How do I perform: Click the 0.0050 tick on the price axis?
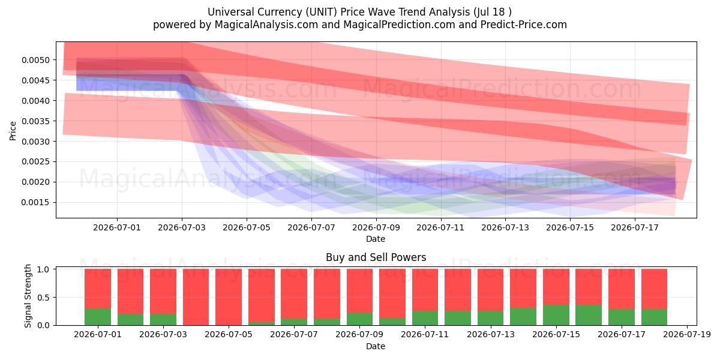tap(35, 60)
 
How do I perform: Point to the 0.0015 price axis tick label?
tap(35, 203)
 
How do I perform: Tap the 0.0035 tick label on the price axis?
tap(35, 121)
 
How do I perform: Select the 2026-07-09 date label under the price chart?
tap(376, 227)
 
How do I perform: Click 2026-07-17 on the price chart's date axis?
tap(635, 227)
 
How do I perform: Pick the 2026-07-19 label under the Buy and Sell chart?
tap(687, 335)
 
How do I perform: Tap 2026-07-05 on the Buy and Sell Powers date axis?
tap(229, 335)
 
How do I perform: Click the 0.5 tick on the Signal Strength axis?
tap(43, 298)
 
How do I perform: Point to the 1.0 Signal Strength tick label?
tap(43, 269)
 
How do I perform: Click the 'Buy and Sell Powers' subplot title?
tap(376, 257)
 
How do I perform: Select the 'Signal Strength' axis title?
tap(28, 296)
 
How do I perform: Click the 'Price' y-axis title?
tap(13, 131)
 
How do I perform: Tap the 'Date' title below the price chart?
tap(376, 239)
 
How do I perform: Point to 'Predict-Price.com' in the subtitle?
tap(524, 25)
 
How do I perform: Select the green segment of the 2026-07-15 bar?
tap(556, 315)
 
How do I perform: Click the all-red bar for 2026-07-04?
tap(196, 298)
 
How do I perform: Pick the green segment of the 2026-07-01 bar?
tap(98, 317)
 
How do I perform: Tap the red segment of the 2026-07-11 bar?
tap(425, 290)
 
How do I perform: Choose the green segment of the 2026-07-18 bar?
tap(654, 317)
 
